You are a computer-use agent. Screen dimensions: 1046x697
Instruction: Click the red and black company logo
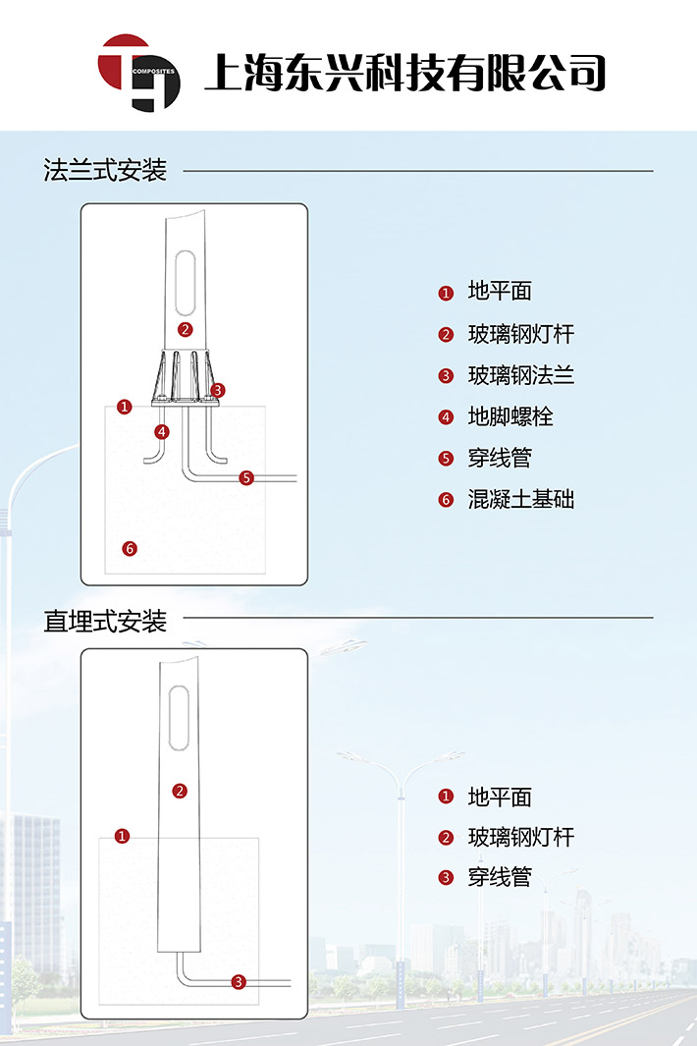click(x=138, y=73)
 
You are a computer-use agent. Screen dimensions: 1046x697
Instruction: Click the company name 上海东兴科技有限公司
click(x=403, y=73)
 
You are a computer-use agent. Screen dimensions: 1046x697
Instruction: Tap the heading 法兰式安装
click(x=106, y=170)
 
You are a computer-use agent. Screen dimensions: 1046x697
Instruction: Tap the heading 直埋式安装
click(x=106, y=621)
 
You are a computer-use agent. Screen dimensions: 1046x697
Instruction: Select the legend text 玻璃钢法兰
click(x=520, y=375)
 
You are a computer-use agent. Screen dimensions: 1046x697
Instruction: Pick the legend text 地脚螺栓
click(x=510, y=416)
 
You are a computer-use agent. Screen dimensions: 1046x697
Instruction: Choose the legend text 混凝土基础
click(x=520, y=499)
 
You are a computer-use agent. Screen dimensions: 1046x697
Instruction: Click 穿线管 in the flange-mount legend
click(x=500, y=458)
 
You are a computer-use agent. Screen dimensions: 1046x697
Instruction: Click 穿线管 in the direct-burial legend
click(x=500, y=877)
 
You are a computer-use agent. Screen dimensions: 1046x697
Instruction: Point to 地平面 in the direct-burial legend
click(x=500, y=797)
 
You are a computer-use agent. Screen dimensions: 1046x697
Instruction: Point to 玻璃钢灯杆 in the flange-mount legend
click(x=520, y=334)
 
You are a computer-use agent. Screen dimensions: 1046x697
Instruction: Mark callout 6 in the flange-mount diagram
click(x=129, y=548)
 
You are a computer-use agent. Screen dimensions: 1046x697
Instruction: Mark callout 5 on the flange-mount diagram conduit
click(x=246, y=478)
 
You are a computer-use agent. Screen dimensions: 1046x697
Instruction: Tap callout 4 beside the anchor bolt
click(x=161, y=431)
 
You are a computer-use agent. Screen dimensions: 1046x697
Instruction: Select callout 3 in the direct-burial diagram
click(x=239, y=981)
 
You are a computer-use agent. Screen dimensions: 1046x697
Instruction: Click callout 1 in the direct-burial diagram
click(x=122, y=836)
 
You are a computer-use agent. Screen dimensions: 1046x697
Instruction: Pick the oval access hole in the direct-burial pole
click(x=179, y=718)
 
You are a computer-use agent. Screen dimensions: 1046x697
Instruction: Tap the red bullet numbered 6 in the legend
click(x=446, y=500)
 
